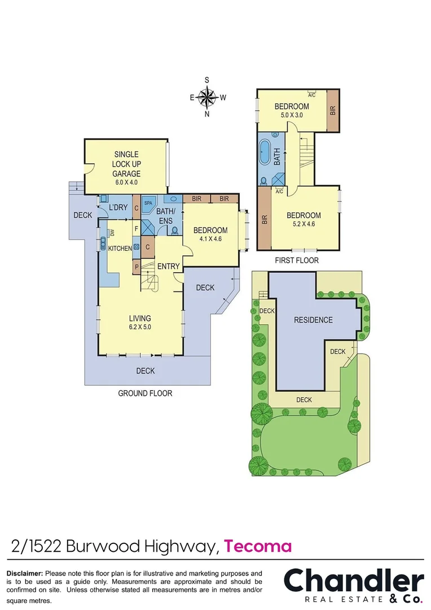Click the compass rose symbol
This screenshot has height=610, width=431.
coord(207,98)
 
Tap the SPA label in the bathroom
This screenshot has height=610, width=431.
coord(148,202)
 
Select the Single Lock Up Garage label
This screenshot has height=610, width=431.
coord(126,164)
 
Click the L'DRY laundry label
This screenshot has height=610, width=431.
coord(118,208)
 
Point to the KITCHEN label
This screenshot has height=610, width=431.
coord(120,249)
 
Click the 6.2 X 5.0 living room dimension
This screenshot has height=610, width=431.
coord(139,327)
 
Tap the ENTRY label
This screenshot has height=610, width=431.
coord(168,267)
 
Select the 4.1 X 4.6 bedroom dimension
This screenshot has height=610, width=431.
coord(210,239)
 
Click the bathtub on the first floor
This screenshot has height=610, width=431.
coord(265,152)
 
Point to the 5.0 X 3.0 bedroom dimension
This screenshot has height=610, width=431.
coord(291,115)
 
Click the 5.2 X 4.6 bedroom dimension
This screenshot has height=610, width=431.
coord(304,224)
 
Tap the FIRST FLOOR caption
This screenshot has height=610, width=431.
coord(296,260)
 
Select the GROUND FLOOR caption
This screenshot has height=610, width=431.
coord(145,393)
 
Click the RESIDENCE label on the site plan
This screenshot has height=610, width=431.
coord(313,320)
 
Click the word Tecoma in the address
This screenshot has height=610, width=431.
coord(258,546)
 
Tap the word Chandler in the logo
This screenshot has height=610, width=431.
coord(353,580)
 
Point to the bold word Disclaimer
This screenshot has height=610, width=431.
coord(25,573)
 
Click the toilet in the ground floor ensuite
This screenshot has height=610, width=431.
coord(174,230)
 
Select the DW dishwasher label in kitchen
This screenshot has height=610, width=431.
coord(112,232)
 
